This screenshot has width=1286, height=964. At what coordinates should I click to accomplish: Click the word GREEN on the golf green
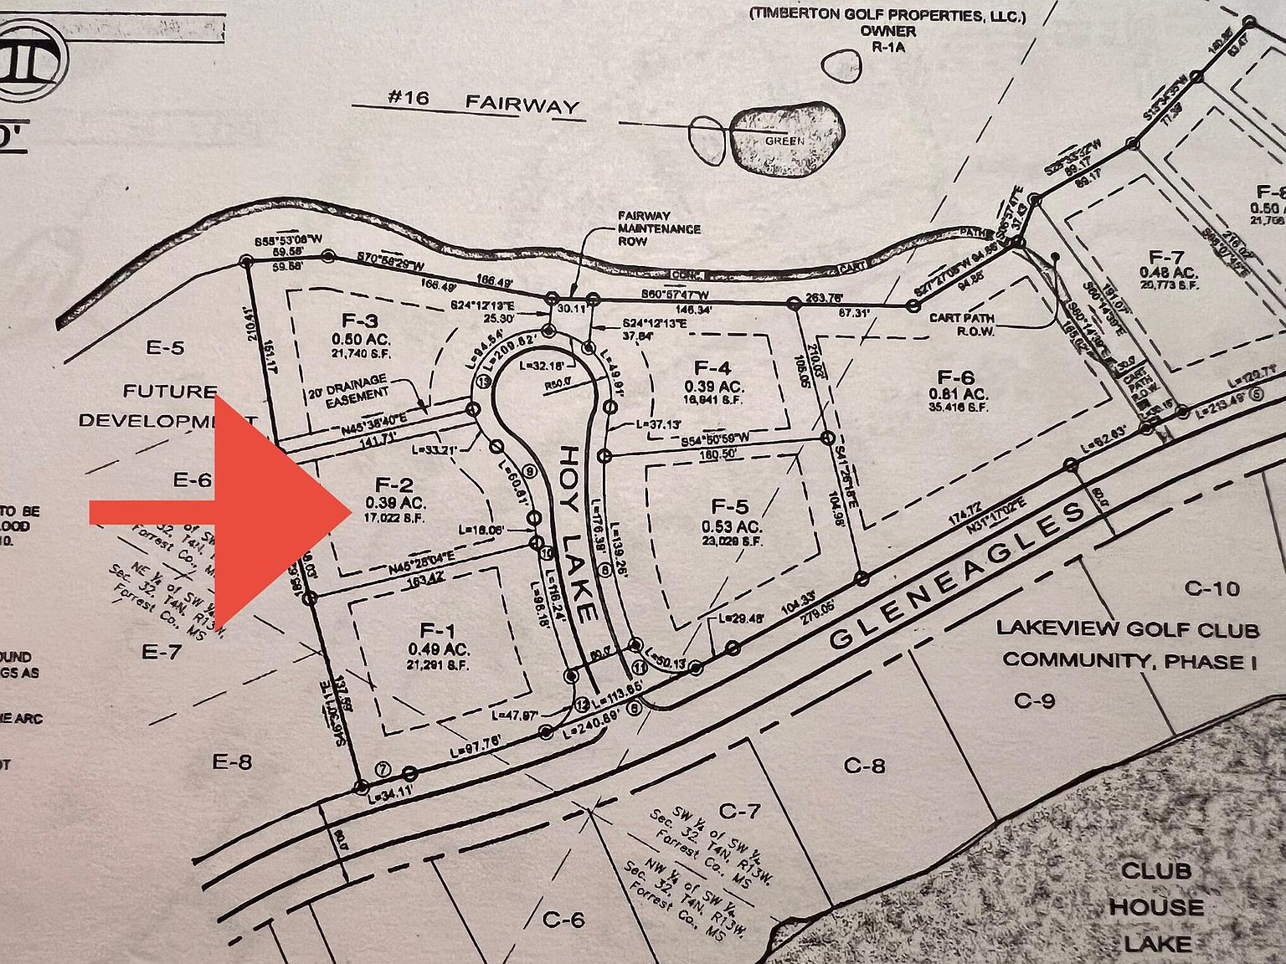(784, 141)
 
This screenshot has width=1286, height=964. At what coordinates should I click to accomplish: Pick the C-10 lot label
(1212, 588)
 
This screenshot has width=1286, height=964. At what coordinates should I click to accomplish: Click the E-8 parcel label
(233, 761)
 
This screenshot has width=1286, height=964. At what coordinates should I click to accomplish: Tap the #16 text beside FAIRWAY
(409, 99)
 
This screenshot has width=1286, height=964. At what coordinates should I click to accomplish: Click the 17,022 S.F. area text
(394, 519)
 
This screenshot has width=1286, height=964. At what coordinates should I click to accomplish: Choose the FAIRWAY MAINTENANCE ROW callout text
(659, 228)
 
